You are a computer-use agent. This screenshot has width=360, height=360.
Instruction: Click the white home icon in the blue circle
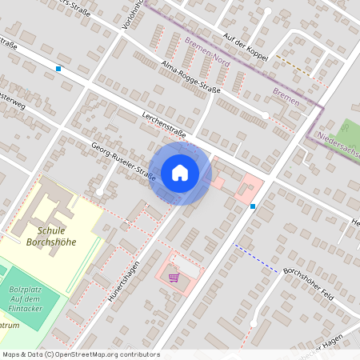[x=180, y=173]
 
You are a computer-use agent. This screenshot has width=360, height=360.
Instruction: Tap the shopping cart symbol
[x=174, y=278]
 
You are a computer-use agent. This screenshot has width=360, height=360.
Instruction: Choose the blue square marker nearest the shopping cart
[x=253, y=206]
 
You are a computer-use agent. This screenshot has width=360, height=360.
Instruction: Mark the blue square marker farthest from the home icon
[x=58, y=69]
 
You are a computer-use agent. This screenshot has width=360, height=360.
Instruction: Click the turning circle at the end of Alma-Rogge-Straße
[x=266, y=116]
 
